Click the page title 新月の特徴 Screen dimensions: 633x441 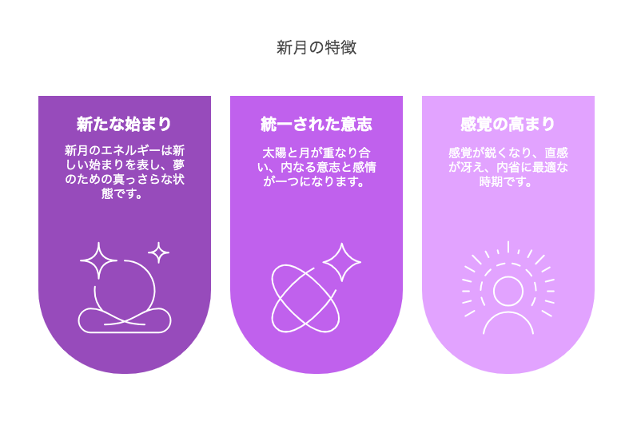click(x=316, y=48)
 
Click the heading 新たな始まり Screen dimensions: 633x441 click(x=125, y=124)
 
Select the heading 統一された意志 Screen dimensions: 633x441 click(x=316, y=124)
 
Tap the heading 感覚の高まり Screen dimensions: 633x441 click(x=508, y=124)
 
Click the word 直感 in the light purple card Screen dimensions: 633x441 click(x=556, y=153)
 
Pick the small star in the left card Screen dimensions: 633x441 click(x=159, y=253)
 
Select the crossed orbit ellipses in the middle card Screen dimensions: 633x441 click(x=305, y=299)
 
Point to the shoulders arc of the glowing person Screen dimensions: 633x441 click(x=508, y=312)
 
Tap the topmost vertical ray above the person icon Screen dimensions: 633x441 click(x=508, y=247)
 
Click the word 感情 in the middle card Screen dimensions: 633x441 click(x=364, y=168)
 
